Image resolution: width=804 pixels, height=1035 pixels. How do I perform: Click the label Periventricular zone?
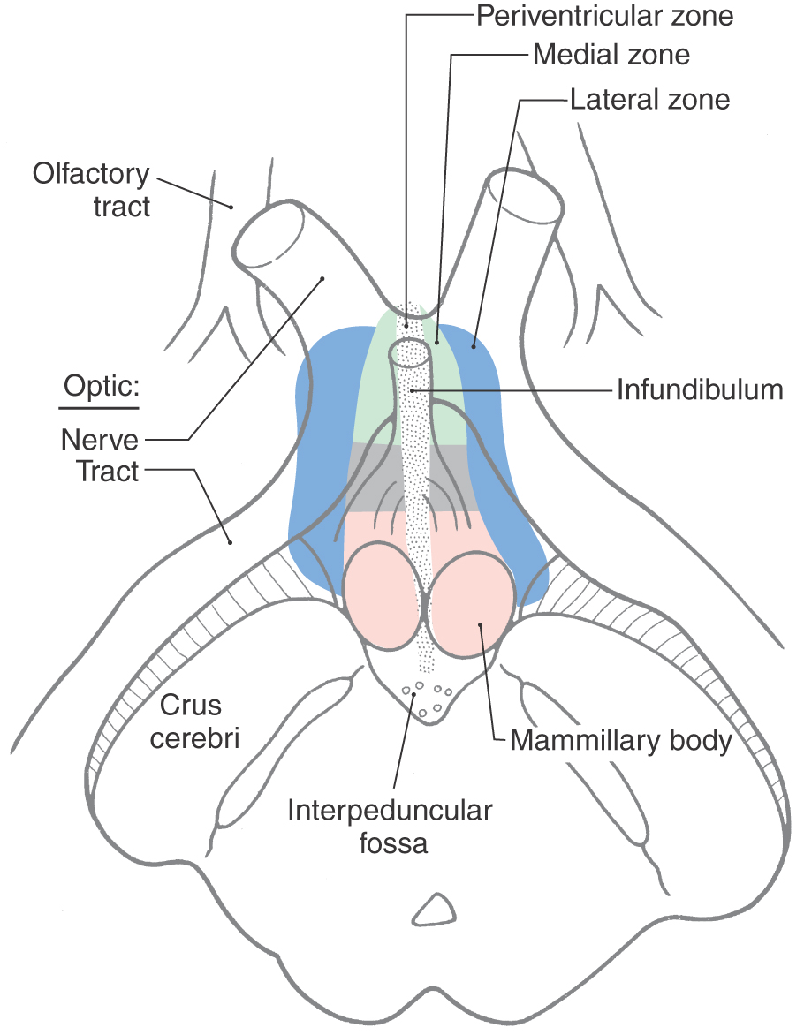pyautogui.click(x=605, y=16)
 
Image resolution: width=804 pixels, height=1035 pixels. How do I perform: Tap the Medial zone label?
pyautogui.click(x=611, y=55)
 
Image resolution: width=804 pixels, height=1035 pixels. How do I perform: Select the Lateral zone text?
pyautogui.click(x=649, y=98)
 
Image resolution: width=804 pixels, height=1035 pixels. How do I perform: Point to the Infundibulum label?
pyautogui.click(x=700, y=389)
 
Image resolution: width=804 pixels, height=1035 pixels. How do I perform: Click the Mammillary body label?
pyautogui.click(x=621, y=740)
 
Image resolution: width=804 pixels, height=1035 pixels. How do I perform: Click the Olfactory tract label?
pyautogui.click(x=92, y=189)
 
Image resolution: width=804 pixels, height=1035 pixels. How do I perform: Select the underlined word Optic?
pyautogui.click(x=102, y=389)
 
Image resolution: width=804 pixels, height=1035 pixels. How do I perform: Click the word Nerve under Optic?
pyautogui.click(x=100, y=438)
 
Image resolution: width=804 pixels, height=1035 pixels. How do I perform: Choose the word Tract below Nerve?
pyautogui.click(x=107, y=472)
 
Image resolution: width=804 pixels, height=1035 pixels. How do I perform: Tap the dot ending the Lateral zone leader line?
pyautogui.click(x=474, y=346)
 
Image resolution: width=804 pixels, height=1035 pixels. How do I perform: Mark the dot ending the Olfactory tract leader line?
pyautogui.click(x=231, y=208)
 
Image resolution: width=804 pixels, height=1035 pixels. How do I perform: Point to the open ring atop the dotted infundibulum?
pyautogui.click(x=413, y=350)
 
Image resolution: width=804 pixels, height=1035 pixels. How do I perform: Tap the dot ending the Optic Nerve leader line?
pyautogui.click(x=322, y=279)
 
